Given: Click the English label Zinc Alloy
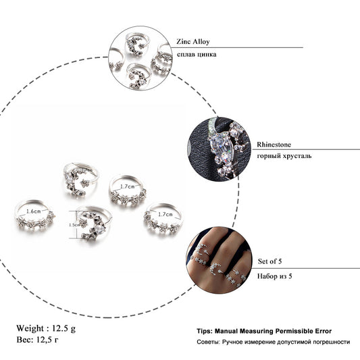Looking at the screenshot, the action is (x=193, y=42).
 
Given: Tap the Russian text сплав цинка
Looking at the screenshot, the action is (x=197, y=55).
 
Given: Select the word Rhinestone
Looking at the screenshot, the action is (x=274, y=145).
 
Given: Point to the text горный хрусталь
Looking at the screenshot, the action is (x=284, y=156).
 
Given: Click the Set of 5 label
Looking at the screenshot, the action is (x=269, y=261).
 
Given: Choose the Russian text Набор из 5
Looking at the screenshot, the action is (x=275, y=276).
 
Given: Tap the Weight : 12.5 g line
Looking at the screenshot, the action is (x=46, y=328).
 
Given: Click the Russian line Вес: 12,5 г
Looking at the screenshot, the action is (x=37, y=340).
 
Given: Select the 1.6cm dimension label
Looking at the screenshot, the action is (x=34, y=211).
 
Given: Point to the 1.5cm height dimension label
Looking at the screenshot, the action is (x=74, y=225).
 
